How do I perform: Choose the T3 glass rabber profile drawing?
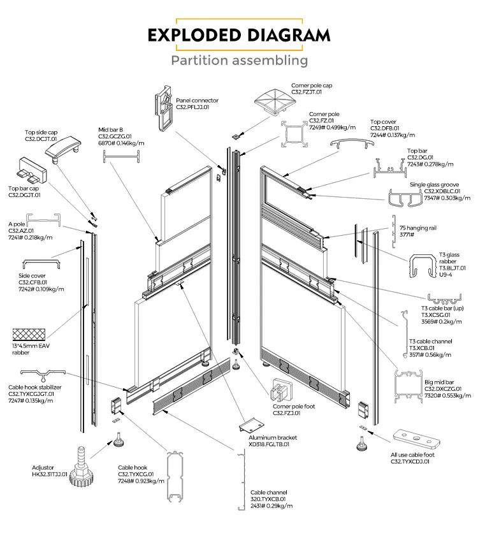click(420, 267)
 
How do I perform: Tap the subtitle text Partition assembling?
click(239, 61)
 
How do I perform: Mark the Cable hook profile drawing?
click(175, 483)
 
